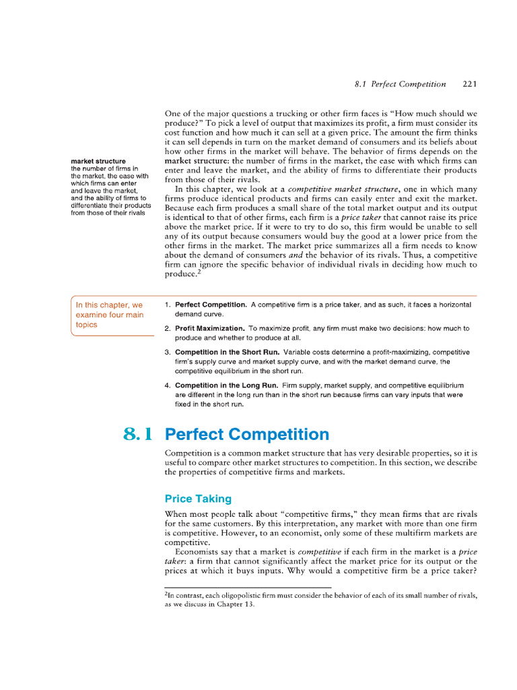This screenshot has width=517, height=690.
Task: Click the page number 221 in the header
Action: (x=470, y=84)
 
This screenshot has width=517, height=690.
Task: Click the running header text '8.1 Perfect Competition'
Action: (x=399, y=84)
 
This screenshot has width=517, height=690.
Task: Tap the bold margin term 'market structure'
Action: (x=98, y=162)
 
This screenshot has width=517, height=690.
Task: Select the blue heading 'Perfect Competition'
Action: (x=247, y=434)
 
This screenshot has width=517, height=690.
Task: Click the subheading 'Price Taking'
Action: (x=198, y=499)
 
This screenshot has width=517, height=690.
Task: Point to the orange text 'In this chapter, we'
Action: (x=109, y=305)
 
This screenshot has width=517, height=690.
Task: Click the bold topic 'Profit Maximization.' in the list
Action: (x=211, y=328)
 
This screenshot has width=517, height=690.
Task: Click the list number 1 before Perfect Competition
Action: (x=167, y=305)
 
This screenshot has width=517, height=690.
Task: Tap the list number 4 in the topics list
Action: (x=167, y=385)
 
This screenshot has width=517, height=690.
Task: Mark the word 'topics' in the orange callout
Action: (x=87, y=324)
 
